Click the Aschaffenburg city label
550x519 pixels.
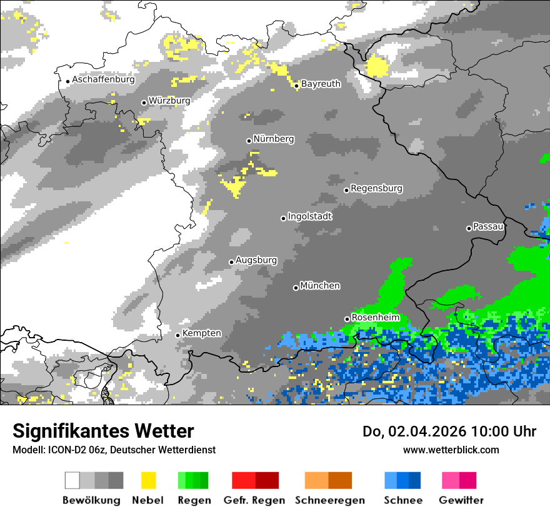coord(103,80)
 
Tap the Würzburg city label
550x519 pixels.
coord(169,101)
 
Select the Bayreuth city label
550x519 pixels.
coord(321,84)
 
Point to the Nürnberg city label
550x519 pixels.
coord(274,139)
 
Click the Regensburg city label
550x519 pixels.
coord(376,188)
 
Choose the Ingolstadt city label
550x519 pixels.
coord(310,216)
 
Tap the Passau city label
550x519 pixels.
coord(489,226)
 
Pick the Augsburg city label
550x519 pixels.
coord(256,261)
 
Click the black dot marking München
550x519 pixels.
coord(296,288)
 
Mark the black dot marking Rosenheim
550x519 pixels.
coord(347,319)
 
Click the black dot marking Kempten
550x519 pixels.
coord(178,335)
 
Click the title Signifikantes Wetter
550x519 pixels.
coord(103,431)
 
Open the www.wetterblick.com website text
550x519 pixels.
coord(451,450)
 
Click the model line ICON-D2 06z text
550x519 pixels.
coord(114,450)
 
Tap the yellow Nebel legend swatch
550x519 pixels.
coord(149,480)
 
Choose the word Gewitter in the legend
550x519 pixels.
coord(461,500)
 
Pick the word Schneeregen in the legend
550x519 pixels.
coord(330,500)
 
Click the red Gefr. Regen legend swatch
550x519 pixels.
coord(244,480)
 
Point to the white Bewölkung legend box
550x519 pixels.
coord(72,480)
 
